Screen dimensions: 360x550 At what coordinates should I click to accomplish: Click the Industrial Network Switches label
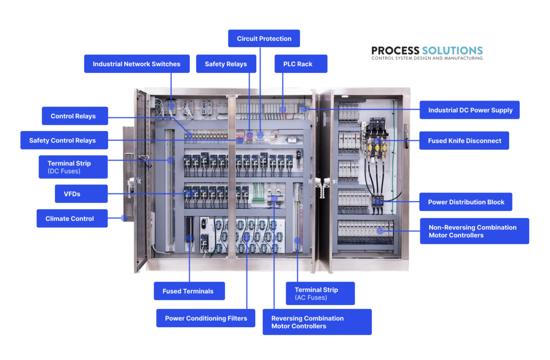pyautogui.click(x=136, y=64)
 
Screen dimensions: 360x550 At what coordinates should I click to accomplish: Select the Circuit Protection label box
pyautogui.click(x=264, y=39)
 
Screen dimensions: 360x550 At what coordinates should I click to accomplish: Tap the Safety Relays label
pyautogui.click(x=226, y=64)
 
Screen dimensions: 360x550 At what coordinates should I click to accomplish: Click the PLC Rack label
pyautogui.click(x=298, y=64)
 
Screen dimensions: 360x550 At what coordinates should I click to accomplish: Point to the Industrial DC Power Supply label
pyautogui.click(x=470, y=110)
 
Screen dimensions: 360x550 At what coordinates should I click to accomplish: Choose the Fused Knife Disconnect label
pyautogui.click(x=464, y=141)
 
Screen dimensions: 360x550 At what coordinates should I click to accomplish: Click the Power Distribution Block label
pyautogui.click(x=466, y=202)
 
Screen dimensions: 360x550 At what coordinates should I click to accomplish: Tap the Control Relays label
pyautogui.click(x=73, y=116)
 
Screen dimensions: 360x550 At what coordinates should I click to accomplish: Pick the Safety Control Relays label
pyautogui.click(x=62, y=140)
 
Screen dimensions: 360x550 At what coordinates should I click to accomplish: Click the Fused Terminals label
pyautogui.click(x=189, y=291)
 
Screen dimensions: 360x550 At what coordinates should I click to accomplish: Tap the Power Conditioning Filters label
pyautogui.click(x=206, y=318)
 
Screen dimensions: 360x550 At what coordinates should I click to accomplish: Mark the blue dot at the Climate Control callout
pyautogui.click(x=125, y=218)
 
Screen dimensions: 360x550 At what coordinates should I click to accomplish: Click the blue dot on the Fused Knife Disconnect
pyautogui.click(x=378, y=141)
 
